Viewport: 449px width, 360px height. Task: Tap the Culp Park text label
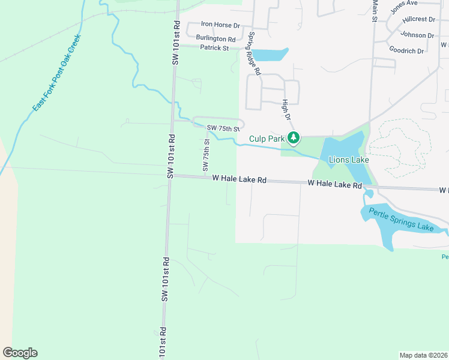click(x=267, y=139)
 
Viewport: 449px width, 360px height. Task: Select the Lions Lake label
click(x=348, y=160)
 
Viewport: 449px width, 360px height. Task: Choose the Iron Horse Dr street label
click(x=220, y=25)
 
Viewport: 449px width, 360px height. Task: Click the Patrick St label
click(x=215, y=47)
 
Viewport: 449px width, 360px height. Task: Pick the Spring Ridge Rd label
click(x=256, y=53)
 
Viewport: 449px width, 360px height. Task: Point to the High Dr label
click(x=286, y=109)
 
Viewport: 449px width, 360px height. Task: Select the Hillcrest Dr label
click(x=418, y=19)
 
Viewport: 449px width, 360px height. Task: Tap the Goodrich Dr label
click(x=406, y=50)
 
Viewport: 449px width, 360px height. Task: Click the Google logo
click(x=20, y=353)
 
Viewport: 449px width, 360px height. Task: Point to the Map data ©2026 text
click(x=424, y=355)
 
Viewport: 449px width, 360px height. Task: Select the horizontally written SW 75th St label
click(x=223, y=128)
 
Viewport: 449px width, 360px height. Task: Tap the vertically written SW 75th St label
click(x=206, y=154)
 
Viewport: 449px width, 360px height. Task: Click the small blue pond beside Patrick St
click(x=270, y=55)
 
